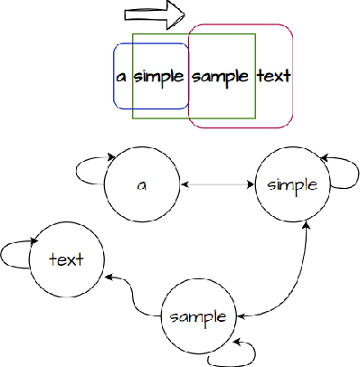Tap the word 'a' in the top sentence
point(121,76)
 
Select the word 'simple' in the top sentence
point(159,76)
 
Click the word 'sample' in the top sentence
point(221,76)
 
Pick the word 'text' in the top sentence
point(273,76)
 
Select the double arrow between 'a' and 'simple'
point(218,184)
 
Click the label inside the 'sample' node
point(197,317)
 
